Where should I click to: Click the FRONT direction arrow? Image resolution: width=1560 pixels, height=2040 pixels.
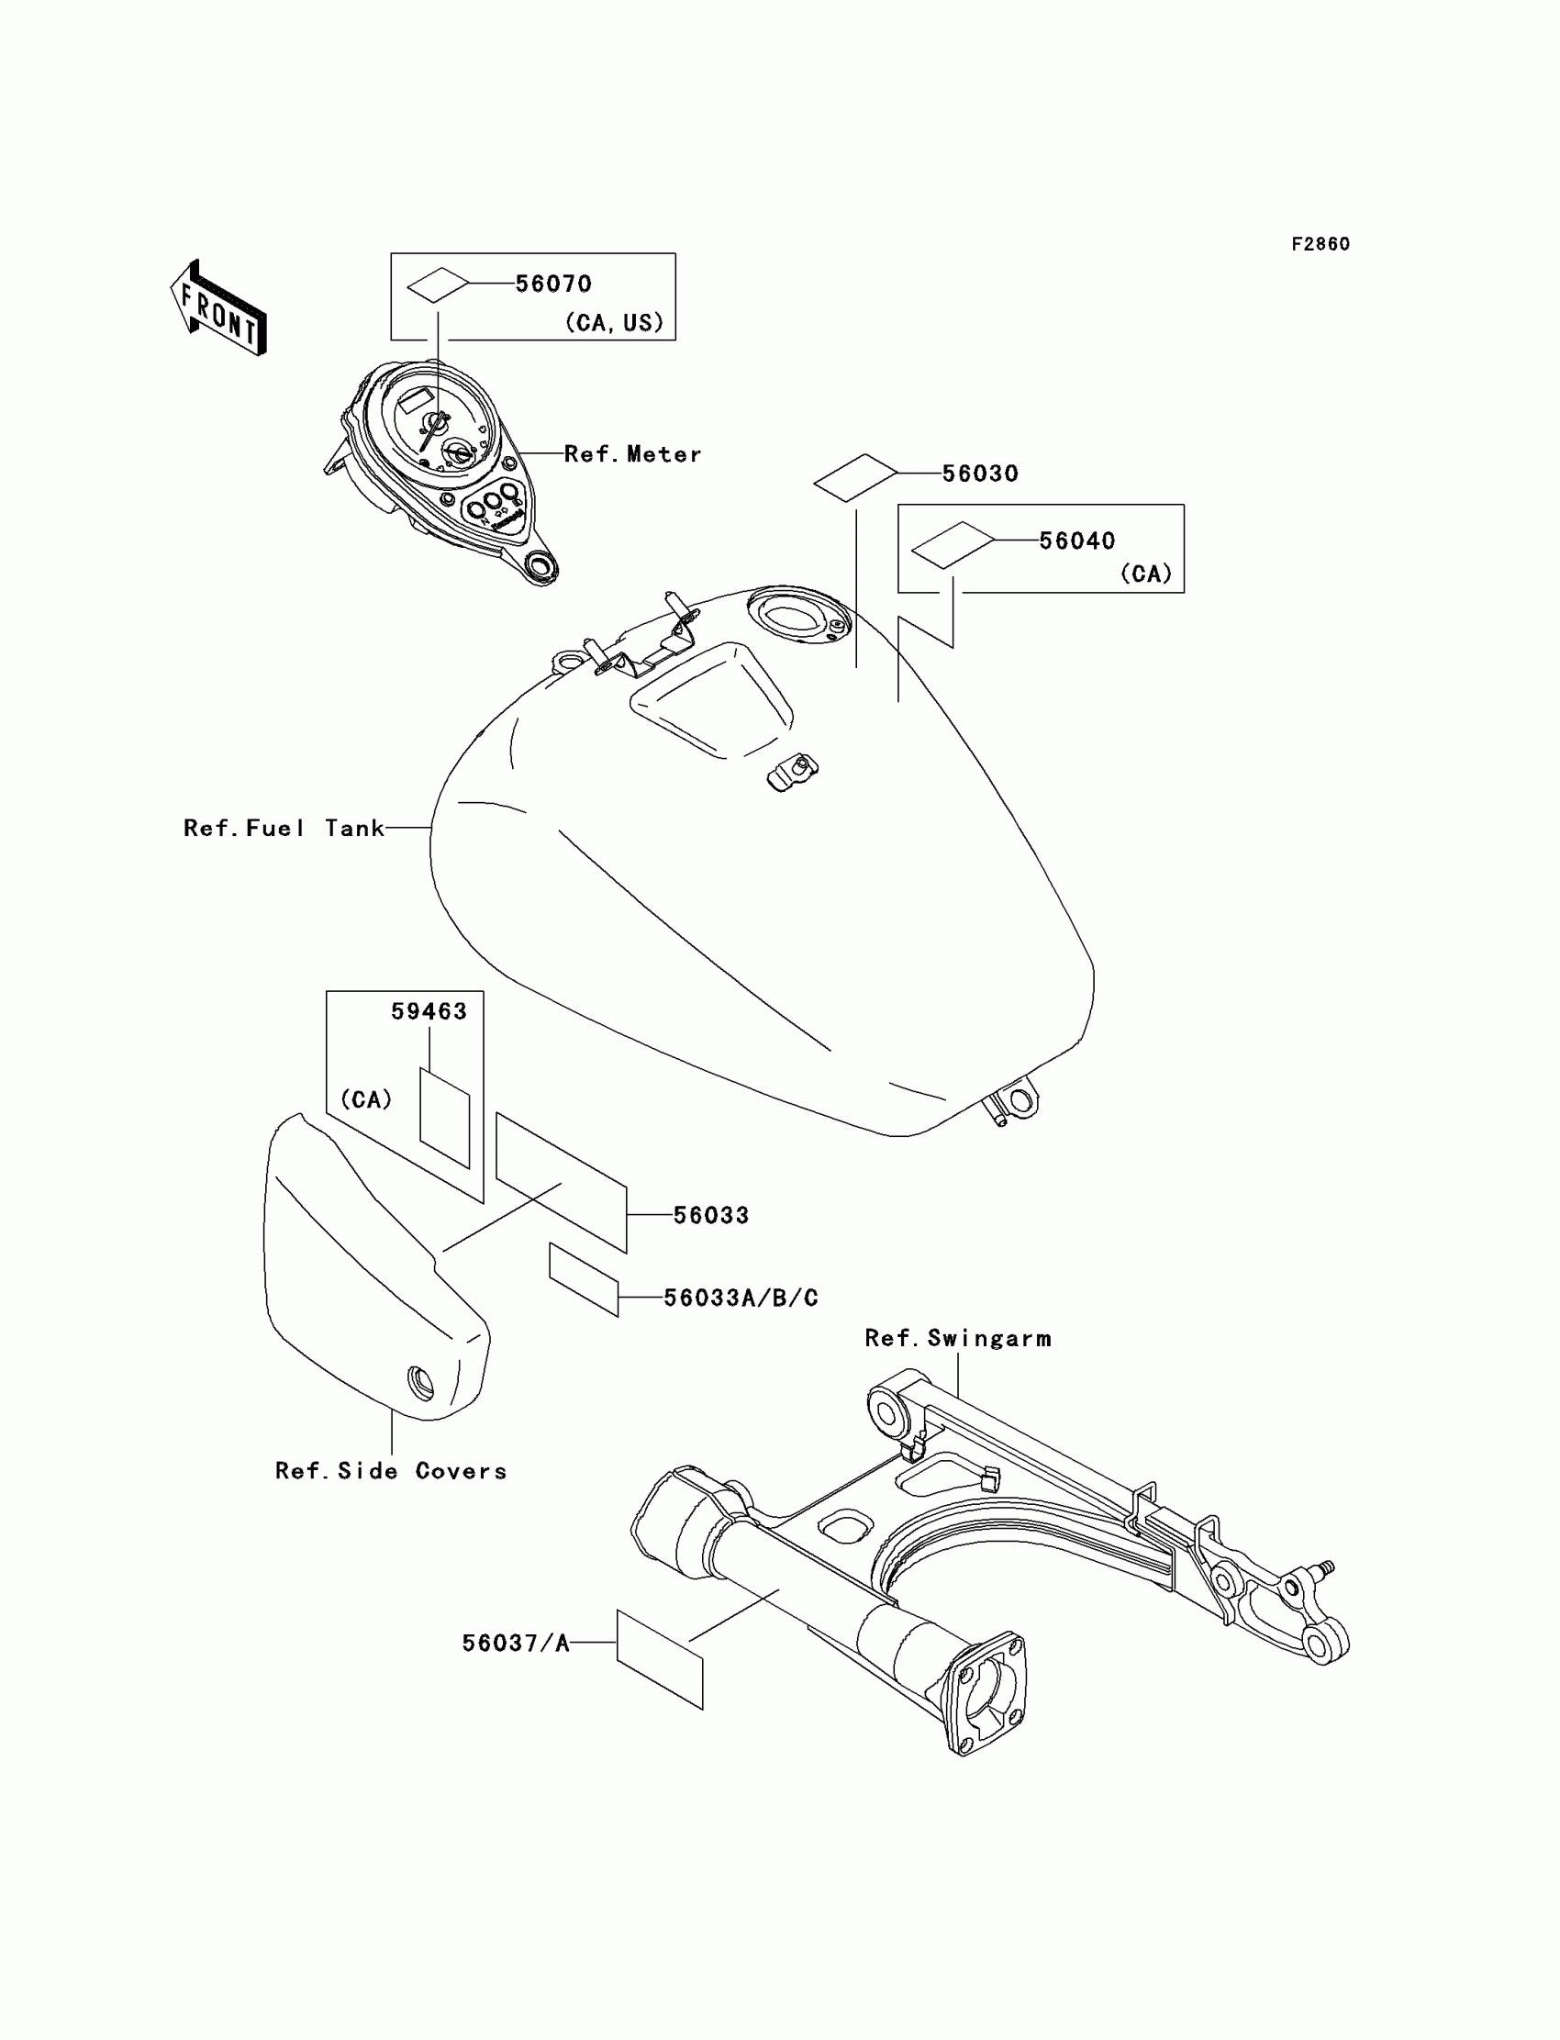219,309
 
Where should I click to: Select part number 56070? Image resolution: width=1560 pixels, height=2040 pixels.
553,284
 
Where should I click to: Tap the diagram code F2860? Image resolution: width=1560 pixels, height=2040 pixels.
1320,244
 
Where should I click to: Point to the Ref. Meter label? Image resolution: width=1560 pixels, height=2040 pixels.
632,454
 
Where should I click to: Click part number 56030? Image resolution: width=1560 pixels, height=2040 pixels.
980,474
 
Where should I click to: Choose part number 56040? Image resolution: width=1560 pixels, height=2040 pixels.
1076,541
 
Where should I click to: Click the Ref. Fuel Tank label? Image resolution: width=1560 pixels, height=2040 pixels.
284,828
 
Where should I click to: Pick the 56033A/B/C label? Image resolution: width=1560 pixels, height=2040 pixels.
740,1298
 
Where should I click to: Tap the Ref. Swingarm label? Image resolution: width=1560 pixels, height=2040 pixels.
957,1338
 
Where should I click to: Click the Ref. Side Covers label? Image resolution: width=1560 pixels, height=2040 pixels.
391,1471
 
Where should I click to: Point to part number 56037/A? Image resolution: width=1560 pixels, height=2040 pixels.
516,1644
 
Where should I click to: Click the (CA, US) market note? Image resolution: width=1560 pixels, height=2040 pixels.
615,322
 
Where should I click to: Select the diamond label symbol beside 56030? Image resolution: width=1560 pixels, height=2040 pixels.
855,478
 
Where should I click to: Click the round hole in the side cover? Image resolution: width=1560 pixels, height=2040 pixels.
420,1385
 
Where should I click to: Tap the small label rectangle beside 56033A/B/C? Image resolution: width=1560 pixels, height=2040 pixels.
583,1280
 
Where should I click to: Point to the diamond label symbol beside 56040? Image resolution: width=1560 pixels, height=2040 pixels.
952,544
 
